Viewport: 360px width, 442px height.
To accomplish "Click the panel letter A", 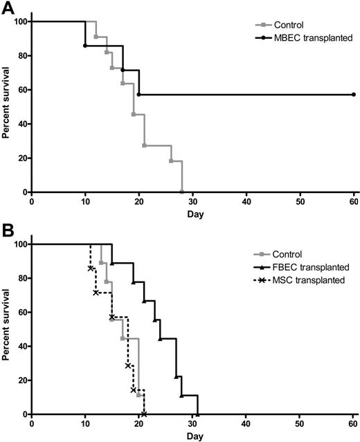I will tap(7, 8).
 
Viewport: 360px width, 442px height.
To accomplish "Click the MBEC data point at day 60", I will tap(353, 95).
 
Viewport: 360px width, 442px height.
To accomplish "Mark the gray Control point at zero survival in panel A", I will tap(181, 192).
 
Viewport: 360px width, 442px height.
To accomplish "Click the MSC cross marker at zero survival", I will tap(144, 414).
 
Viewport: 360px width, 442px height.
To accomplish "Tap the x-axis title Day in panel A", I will tap(195, 214).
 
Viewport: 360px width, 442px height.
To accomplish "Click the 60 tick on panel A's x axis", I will tap(353, 202).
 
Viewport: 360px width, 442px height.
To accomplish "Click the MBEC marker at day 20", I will tap(139, 95).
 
